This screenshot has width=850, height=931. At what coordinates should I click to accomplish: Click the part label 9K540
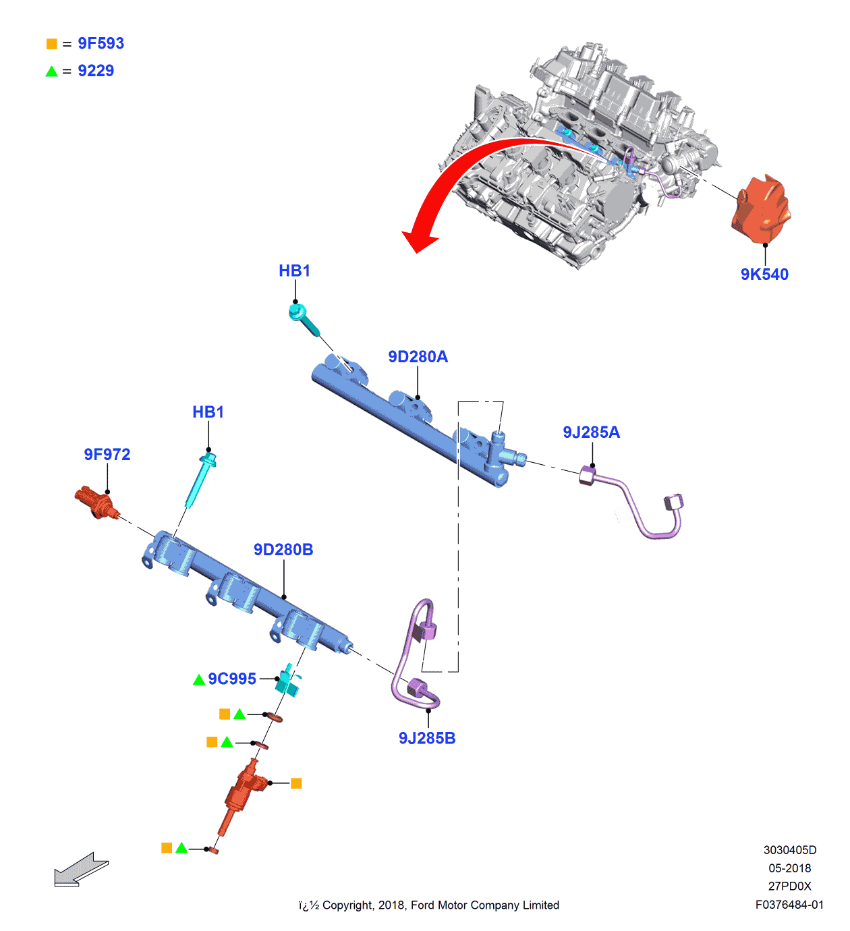[x=764, y=275]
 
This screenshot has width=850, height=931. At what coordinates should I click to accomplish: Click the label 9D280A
[x=418, y=357]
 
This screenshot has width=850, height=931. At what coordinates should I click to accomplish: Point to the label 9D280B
[x=283, y=550]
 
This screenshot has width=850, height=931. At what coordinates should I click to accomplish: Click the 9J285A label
[x=591, y=432]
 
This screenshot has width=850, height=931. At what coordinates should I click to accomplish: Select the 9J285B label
[x=427, y=739]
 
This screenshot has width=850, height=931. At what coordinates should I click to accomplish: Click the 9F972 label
[x=107, y=455]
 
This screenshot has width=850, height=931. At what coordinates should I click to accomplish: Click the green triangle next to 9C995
[x=199, y=680]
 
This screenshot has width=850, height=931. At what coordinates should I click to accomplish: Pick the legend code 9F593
[x=101, y=44]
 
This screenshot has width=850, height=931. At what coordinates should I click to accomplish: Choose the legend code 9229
[x=96, y=71]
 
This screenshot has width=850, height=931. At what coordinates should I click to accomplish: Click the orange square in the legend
[x=52, y=44]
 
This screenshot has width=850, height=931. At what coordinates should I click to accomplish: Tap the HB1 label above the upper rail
[x=294, y=271]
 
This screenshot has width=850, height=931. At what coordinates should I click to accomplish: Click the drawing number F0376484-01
[x=789, y=905]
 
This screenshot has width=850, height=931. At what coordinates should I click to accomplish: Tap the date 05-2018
[x=789, y=868]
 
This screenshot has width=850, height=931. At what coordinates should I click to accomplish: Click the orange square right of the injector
[x=296, y=783]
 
